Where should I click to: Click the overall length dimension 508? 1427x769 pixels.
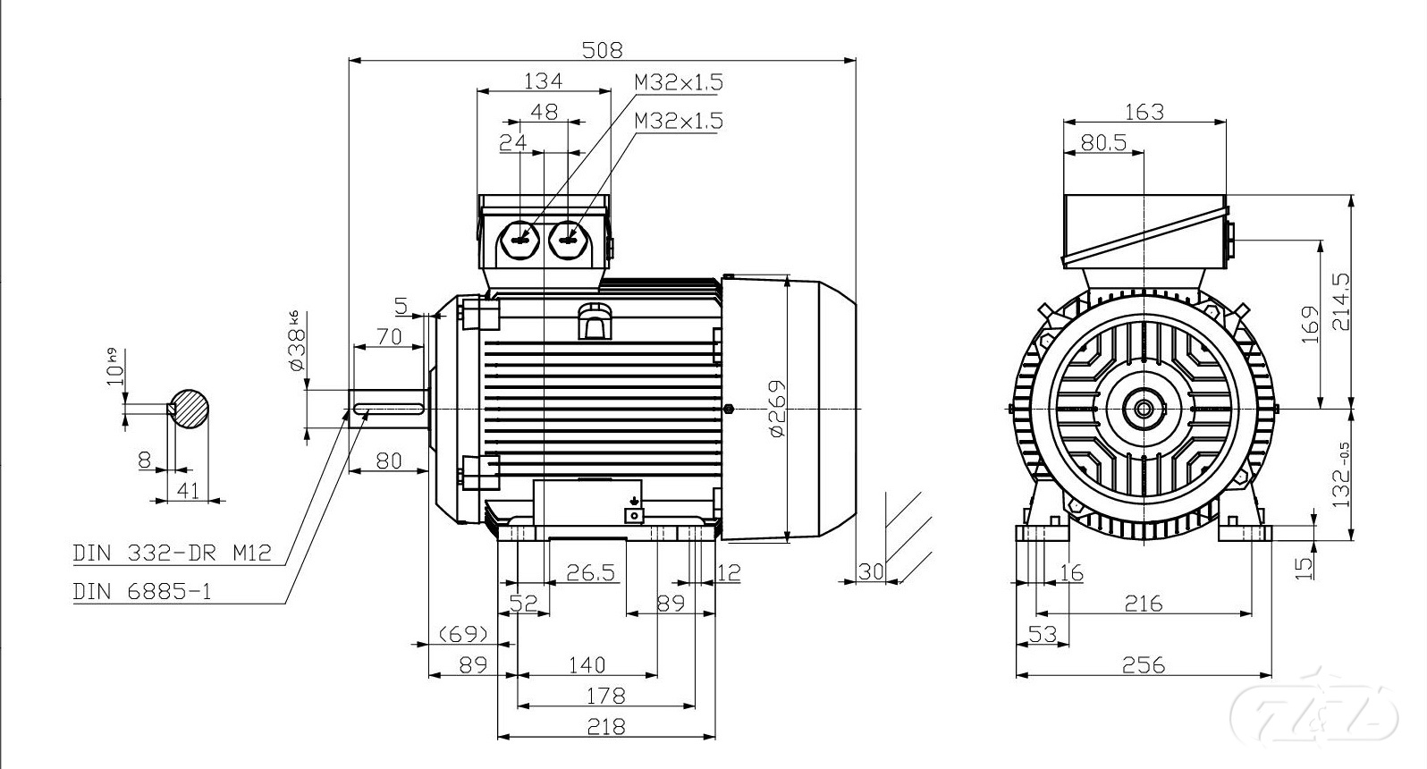(602, 49)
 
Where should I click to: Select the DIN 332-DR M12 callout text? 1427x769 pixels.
(172, 553)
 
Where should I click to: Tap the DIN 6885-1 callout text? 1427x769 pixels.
(142, 591)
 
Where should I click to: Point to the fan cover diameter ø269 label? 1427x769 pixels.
(776, 409)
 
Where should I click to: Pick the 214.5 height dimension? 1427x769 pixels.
(1341, 300)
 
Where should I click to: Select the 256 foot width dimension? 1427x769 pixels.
(1144, 664)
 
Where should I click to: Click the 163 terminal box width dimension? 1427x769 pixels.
(1144, 111)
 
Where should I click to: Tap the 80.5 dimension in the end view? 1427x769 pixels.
(1103, 142)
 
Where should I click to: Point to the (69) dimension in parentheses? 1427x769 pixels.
(463, 634)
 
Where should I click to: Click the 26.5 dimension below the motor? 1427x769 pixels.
(591, 572)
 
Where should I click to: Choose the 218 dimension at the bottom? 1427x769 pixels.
(606, 726)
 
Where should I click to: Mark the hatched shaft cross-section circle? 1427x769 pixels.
(190, 410)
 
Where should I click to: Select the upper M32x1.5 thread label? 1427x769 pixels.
(678, 82)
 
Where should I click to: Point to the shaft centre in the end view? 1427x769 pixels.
(1144, 409)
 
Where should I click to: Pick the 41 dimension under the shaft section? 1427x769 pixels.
(188, 489)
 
